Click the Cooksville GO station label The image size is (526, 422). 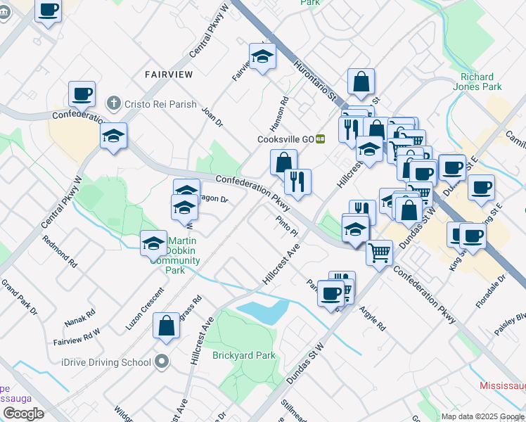tap(284, 139)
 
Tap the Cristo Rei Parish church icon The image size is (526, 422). tap(112, 104)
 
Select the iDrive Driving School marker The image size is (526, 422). tap(162, 362)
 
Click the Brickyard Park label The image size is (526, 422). tap(244, 355)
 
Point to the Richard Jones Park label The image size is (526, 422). tap(481, 82)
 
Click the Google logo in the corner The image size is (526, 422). tap(23, 414)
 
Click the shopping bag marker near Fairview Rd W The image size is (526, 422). tap(166, 326)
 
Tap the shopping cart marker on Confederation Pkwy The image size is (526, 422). tap(380, 251)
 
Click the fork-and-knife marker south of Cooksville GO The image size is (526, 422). tap(297, 181)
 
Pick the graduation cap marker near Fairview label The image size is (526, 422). tap(263, 56)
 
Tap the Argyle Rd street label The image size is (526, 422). tap(373, 318)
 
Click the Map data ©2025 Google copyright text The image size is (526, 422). tap(482, 416)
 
